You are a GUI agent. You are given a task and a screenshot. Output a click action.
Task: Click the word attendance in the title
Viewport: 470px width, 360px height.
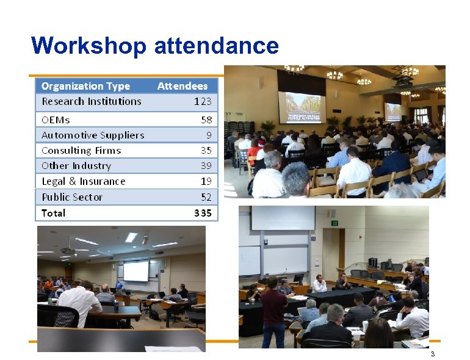217,46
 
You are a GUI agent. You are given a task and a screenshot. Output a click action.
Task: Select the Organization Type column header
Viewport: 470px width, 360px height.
85,86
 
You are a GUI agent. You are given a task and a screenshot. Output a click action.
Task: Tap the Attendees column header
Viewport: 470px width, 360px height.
182,86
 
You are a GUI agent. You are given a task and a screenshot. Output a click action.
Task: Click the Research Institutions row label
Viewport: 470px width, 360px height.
91,101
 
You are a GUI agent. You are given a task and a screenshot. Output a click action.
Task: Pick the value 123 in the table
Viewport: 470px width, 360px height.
203,101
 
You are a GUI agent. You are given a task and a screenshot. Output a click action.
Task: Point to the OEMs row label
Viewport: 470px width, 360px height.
56,120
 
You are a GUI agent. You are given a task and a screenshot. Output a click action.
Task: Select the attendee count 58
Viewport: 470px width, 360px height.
206,120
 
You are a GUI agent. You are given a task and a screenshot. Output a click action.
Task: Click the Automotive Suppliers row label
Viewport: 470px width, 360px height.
93,135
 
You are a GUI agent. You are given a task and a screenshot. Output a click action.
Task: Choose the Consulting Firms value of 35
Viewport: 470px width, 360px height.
206,150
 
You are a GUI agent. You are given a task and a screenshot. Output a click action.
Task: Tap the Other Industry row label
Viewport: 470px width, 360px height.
76,165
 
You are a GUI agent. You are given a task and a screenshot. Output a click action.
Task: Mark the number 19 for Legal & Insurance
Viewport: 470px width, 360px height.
206,181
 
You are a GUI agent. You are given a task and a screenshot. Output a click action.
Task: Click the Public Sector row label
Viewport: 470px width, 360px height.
72,197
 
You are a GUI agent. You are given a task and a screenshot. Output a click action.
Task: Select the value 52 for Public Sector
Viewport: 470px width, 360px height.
206,197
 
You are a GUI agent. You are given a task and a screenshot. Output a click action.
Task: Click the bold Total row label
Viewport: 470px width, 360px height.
53,213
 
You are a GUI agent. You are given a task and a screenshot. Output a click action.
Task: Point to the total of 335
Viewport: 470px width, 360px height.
203,213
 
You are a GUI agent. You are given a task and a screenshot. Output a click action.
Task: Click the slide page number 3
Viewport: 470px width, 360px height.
432,355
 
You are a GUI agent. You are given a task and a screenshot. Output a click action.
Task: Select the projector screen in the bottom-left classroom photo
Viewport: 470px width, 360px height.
136,271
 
